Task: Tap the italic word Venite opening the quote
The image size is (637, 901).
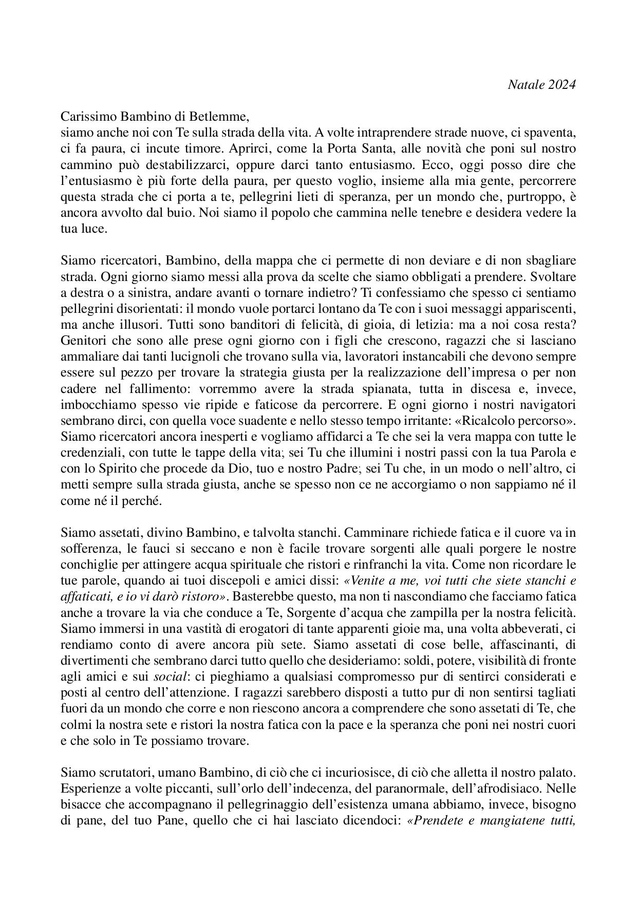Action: click(x=368, y=581)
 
